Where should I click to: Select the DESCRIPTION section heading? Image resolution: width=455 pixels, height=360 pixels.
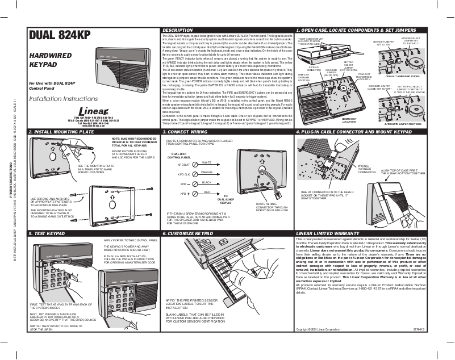click(181, 30)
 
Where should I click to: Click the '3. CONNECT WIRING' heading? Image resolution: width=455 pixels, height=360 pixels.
click(187, 132)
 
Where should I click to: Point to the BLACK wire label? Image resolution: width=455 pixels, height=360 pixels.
click(207, 182)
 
